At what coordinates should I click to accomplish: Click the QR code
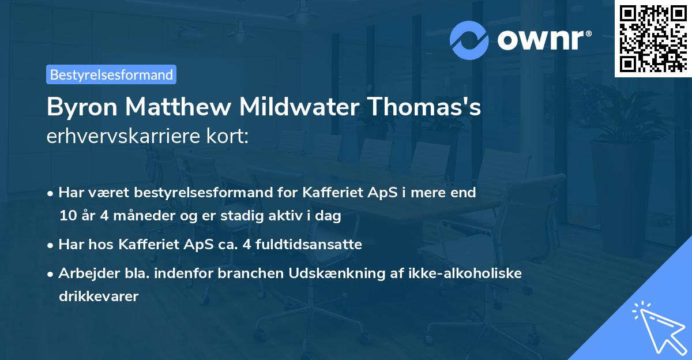pyautogui.click(x=652, y=38)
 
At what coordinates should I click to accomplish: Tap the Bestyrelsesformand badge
pyautogui.click(x=111, y=74)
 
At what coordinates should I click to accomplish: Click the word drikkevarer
pyautogui.click(x=98, y=297)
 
